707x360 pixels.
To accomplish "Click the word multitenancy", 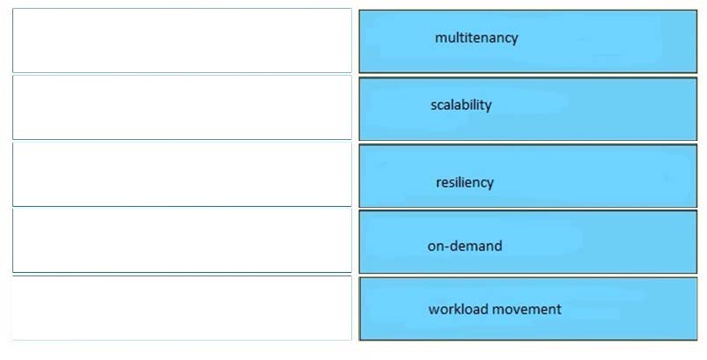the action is point(476,38).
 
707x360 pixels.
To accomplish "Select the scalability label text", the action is point(460,105).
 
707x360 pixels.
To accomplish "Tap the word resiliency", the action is point(464,182).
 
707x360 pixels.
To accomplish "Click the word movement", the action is point(527,309).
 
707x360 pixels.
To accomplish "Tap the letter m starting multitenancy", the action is point(440,39).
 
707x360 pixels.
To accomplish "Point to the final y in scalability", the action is point(489,107).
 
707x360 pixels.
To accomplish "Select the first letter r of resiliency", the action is point(438,183).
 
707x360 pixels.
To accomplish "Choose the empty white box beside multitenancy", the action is point(182,40).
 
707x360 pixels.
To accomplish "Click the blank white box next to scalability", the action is point(182,107).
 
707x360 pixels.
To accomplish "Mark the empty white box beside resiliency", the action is point(182,174).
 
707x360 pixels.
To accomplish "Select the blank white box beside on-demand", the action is point(182,240).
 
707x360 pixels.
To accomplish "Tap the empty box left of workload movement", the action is point(182,308).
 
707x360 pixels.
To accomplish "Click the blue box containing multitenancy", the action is point(528,41).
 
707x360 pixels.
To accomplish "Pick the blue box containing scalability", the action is point(528,108).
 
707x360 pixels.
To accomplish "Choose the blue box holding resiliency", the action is point(528,176).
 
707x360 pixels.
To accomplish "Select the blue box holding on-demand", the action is point(528,241).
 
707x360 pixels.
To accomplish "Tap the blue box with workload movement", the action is point(528,309).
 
